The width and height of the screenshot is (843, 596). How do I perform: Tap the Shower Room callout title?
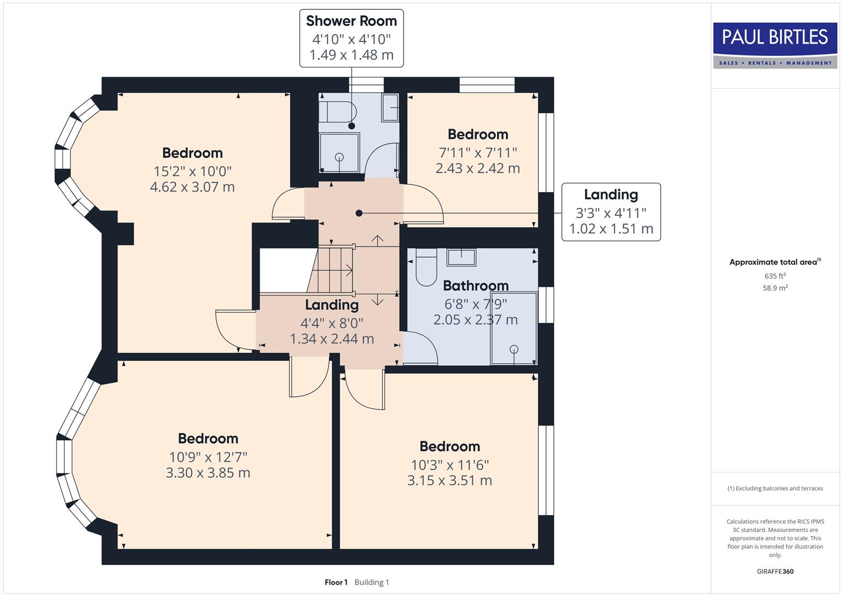(x=351, y=21)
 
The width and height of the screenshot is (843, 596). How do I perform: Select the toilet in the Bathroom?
(x=426, y=268)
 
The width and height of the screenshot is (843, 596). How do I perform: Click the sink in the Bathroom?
(x=461, y=257)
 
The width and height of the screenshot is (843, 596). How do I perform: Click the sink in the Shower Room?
(x=390, y=108)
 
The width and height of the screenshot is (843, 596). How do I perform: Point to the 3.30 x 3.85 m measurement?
(x=208, y=473)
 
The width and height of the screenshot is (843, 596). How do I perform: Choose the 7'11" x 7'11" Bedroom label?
(x=478, y=134)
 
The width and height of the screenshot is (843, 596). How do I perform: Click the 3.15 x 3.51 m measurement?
(x=449, y=481)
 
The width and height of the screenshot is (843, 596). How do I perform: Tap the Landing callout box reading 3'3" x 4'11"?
(x=611, y=212)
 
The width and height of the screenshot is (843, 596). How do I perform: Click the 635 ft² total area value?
(x=775, y=276)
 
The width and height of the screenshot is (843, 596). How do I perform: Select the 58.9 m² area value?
(x=775, y=288)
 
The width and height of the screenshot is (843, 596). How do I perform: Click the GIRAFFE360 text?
(x=775, y=571)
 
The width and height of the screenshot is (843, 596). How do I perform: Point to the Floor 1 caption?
(x=336, y=582)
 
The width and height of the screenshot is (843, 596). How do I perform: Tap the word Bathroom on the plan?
(x=475, y=286)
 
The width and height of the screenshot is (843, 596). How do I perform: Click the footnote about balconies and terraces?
(x=775, y=488)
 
